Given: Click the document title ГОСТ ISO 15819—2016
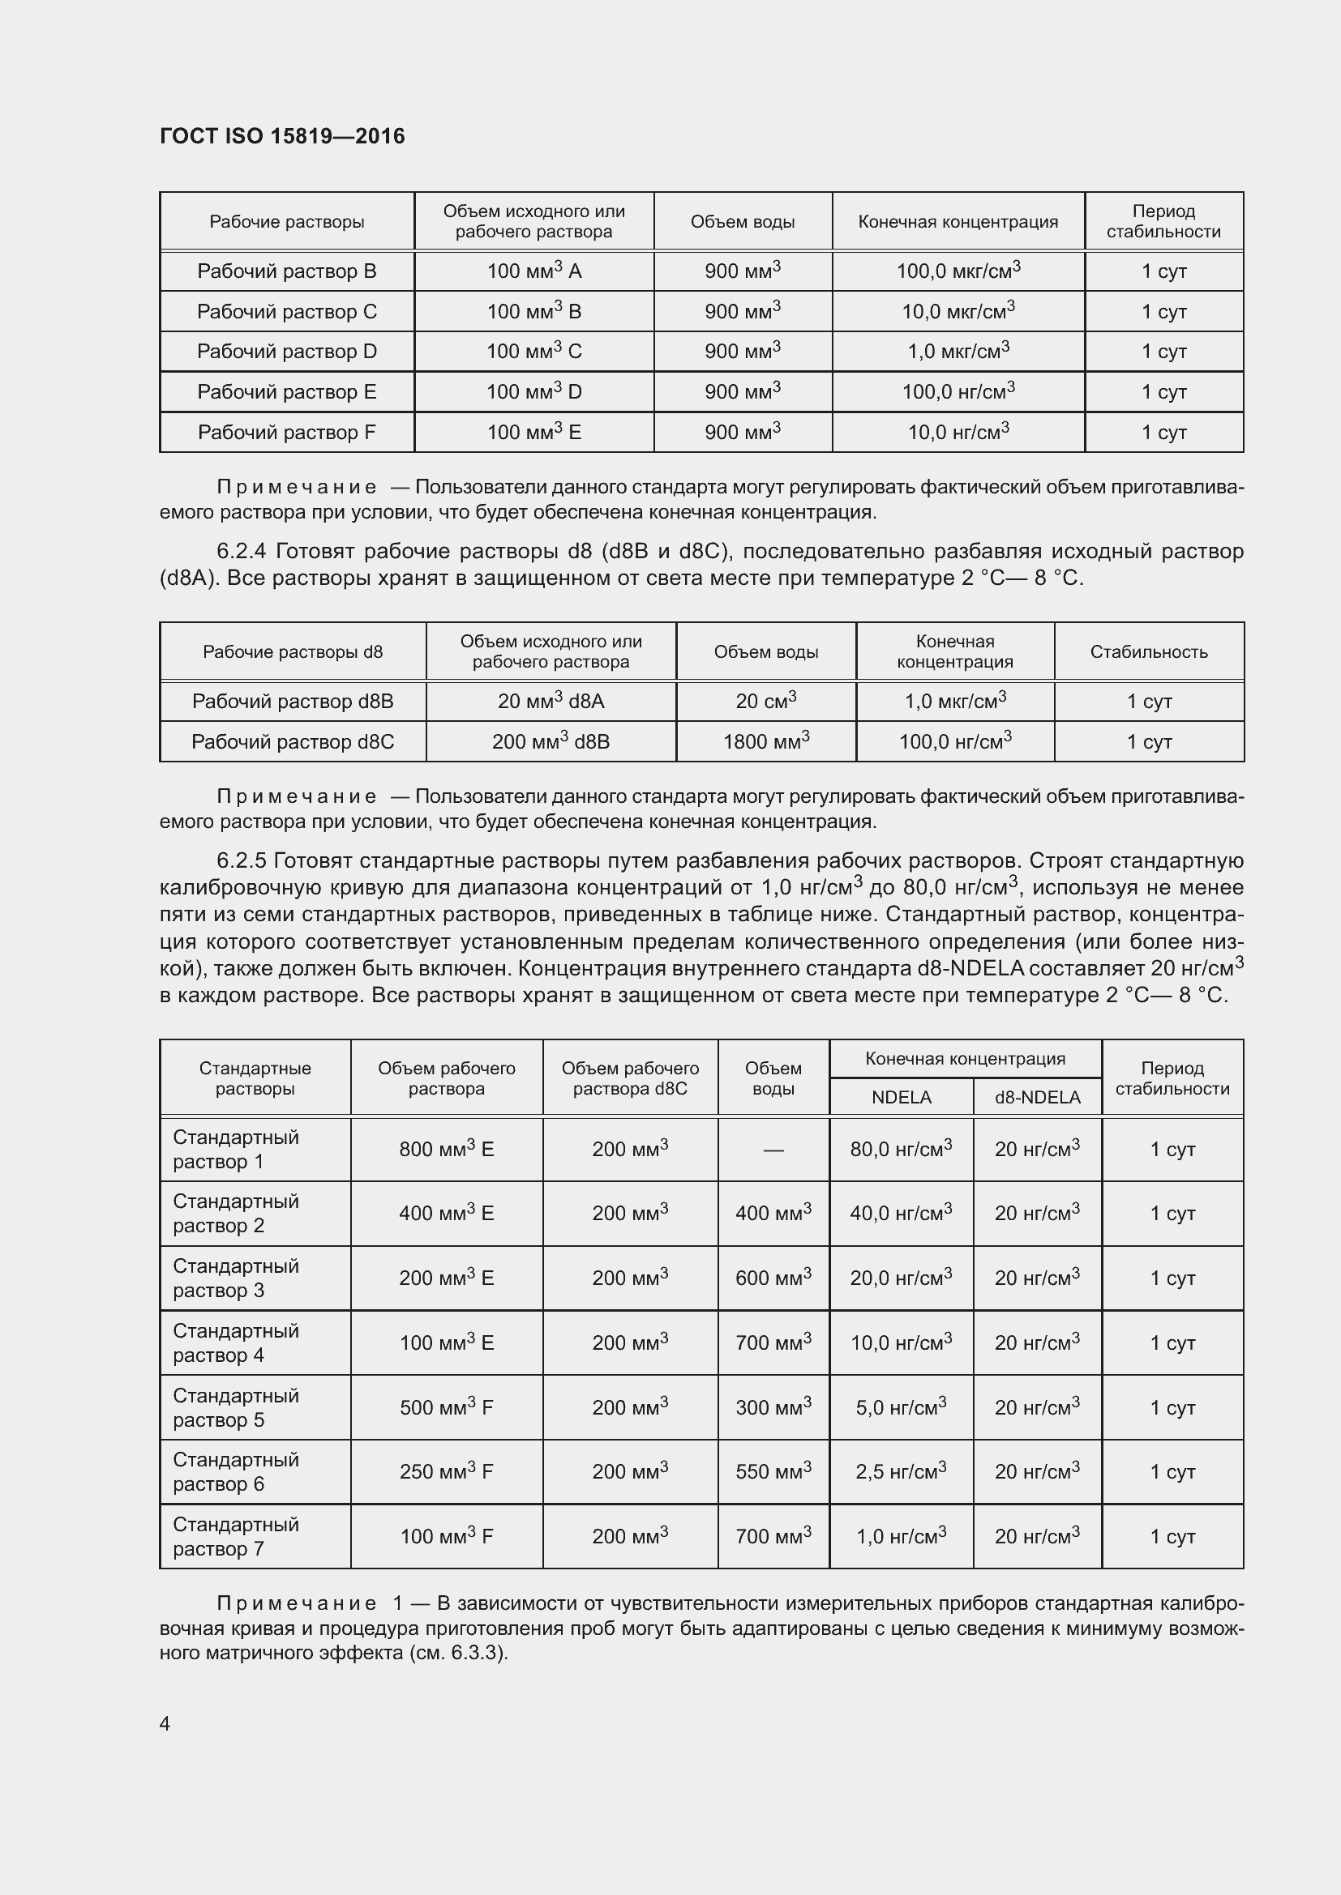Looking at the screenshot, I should (x=282, y=136).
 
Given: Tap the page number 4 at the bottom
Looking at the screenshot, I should (x=165, y=1723).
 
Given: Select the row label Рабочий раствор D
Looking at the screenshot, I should (x=286, y=352).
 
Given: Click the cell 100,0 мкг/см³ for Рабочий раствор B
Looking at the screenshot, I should (x=958, y=271).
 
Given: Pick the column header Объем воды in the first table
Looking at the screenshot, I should (x=743, y=221).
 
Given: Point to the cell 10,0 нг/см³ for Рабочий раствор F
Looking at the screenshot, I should (x=958, y=432).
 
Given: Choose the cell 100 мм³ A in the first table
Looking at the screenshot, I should (x=533, y=271).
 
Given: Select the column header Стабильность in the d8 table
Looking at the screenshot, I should (x=1149, y=652).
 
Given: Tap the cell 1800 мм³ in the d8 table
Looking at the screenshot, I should (x=765, y=741).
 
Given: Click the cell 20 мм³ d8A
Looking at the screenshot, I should (x=551, y=702).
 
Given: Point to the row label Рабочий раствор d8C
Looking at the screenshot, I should (x=293, y=741).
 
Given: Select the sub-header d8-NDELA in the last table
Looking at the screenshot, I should (x=1037, y=1097).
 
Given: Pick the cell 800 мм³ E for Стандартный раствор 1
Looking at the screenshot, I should (x=446, y=1149).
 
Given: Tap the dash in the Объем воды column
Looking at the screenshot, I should (x=773, y=1150).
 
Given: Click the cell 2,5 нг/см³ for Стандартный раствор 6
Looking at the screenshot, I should (x=900, y=1470).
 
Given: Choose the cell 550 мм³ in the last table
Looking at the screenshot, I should (x=773, y=1470).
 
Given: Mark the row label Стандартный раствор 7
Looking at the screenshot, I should (x=236, y=1536).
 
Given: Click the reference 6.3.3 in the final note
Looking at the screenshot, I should (x=476, y=1654).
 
